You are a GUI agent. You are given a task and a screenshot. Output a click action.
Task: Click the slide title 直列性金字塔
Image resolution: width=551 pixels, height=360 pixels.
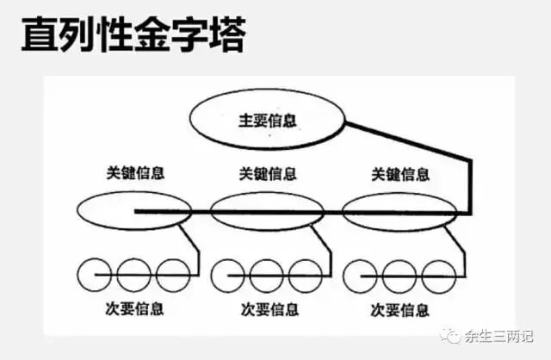(x=133, y=35)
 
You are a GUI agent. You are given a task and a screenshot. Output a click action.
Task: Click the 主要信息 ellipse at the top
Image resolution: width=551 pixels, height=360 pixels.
(x=268, y=120)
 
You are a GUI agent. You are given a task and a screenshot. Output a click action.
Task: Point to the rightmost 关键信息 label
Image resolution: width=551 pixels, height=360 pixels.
(x=400, y=173)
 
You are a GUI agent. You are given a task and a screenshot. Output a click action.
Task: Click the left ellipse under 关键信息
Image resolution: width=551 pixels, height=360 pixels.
(x=133, y=211)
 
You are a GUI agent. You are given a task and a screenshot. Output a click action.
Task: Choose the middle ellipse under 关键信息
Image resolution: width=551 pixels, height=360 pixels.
(x=266, y=211)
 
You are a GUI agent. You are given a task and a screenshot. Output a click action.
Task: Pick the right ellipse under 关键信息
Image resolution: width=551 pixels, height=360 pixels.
(x=399, y=211)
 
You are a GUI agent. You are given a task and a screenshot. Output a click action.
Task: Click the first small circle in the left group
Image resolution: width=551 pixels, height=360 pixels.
(x=94, y=276)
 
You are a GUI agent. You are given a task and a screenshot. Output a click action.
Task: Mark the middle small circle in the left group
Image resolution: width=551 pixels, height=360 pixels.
(x=133, y=276)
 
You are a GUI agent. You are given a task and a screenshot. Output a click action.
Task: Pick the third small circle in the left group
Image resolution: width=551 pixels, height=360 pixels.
(x=172, y=276)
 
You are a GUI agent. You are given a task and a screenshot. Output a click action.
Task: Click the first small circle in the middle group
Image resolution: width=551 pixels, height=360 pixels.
(x=227, y=276)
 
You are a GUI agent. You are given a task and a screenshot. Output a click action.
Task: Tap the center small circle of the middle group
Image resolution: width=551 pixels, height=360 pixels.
(x=267, y=276)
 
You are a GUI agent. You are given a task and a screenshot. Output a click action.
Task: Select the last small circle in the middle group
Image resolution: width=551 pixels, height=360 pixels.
(x=306, y=276)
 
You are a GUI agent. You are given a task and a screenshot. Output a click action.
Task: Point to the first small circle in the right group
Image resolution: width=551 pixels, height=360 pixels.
(x=361, y=276)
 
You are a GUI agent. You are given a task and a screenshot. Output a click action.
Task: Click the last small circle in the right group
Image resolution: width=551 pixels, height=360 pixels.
(x=439, y=276)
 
